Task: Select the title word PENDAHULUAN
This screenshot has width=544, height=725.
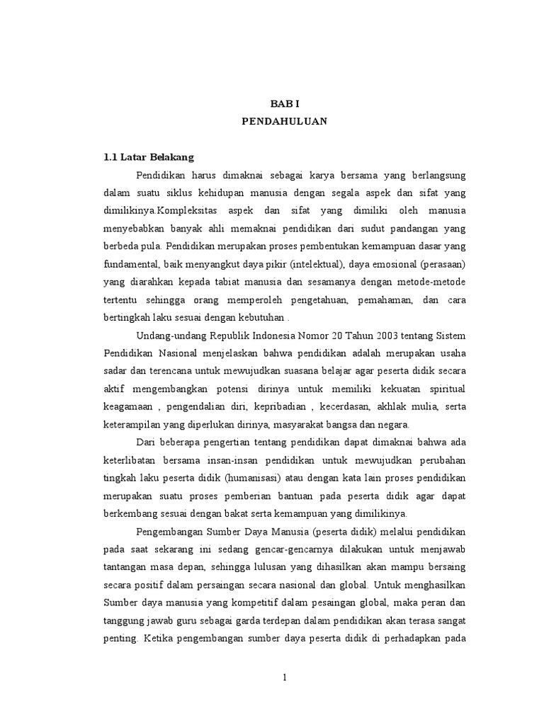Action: click(x=283, y=120)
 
